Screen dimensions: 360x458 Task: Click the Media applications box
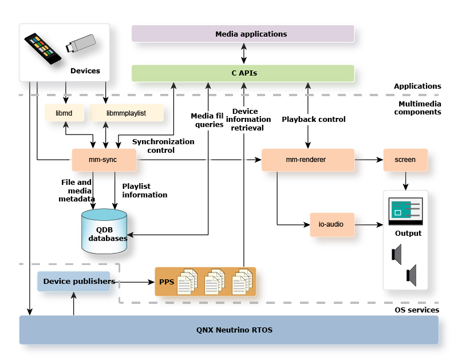click(x=243, y=34)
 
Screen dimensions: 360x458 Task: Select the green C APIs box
click(x=243, y=73)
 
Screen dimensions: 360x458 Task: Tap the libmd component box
click(x=64, y=113)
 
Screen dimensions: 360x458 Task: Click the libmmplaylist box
click(x=126, y=113)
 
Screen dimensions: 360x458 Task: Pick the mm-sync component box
click(x=103, y=160)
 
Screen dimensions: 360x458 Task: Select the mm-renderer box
click(x=307, y=160)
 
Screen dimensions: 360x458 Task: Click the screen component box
click(x=405, y=160)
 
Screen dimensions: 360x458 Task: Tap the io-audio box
click(x=332, y=224)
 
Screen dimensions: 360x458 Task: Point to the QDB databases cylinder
click(x=104, y=232)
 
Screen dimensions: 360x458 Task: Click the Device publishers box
click(x=73, y=282)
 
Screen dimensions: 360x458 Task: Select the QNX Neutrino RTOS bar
click(x=229, y=330)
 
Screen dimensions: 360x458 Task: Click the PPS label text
click(x=166, y=282)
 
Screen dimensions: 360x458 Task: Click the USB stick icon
click(x=80, y=44)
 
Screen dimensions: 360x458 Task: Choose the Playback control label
click(x=313, y=120)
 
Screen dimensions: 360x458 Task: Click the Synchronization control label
click(x=163, y=145)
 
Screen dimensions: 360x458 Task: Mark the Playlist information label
click(x=144, y=191)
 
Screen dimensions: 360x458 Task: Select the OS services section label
click(x=417, y=310)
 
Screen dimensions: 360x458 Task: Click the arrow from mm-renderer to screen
click(x=369, y=160)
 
